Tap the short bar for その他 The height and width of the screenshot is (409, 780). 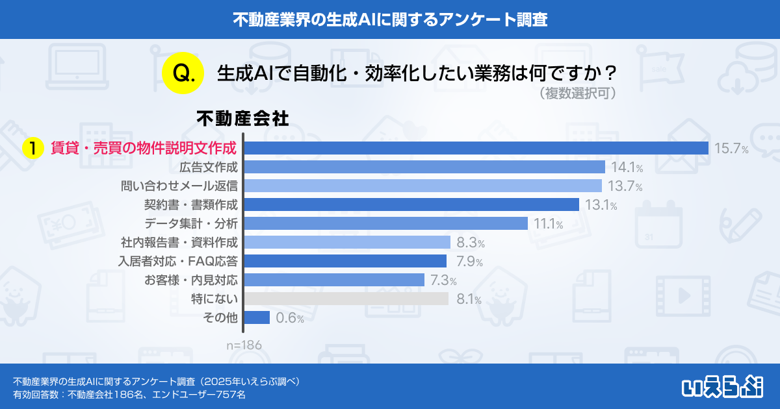pos(257,317)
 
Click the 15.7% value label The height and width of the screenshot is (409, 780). pos(731,149)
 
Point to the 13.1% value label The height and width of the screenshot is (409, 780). pos(600,205)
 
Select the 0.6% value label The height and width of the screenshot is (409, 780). pos(290,318)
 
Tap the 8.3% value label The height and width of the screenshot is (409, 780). pos(471,243)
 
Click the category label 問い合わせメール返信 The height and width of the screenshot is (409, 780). pos(179,186)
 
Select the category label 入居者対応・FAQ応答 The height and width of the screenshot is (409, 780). pos(177,262)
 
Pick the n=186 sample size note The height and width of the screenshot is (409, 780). pos(244,345)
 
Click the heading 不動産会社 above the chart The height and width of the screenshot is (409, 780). pos(242,119)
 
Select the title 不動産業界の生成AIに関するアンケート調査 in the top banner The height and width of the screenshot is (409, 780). pos(390,19)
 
